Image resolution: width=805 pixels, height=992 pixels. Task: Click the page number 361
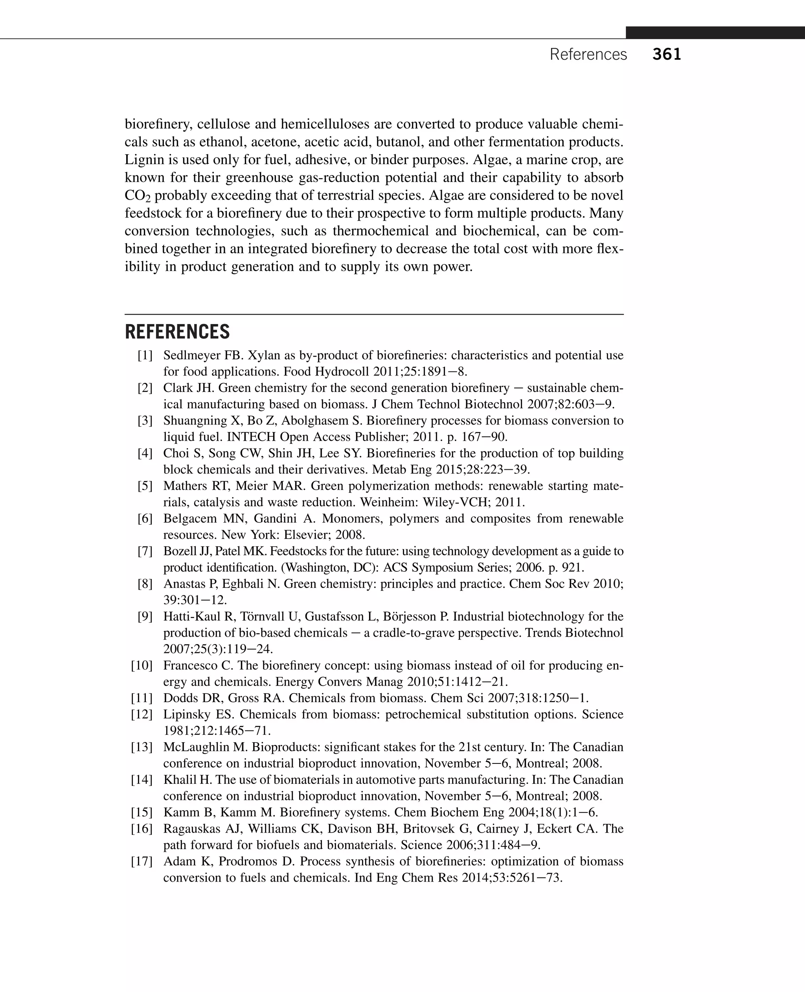pyautogui.click(x=666, y=55)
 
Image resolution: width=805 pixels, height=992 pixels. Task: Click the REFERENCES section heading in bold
pyautogui.click(x=177, y=332)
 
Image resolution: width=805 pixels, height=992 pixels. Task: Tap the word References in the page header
pyautogui.click(x=588, y=55)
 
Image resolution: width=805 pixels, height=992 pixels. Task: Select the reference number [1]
pyautogui.click(x=145, y=355)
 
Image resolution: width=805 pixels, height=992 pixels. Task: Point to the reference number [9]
pyautogui.click(x=145, y=616)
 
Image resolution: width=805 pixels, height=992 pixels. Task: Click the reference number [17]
pyautogui.click(x=142, y=861)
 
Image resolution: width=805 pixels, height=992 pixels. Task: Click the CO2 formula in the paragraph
pyautogui.click(x=137, y=196)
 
